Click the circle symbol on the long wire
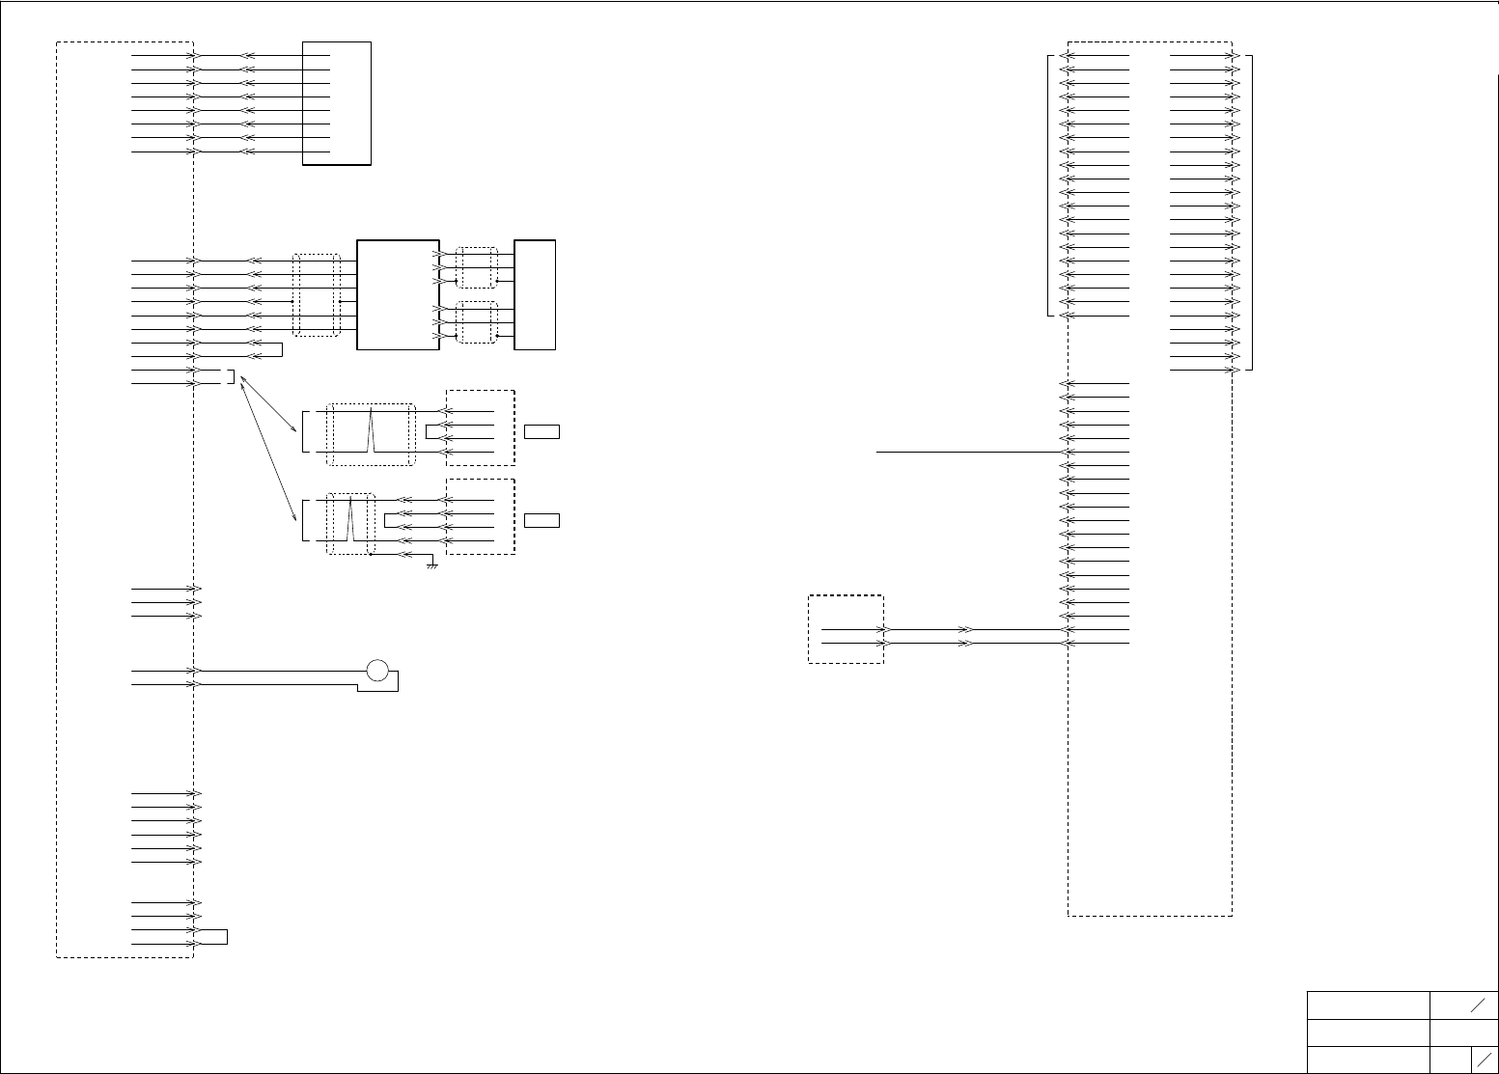tap(377, 670)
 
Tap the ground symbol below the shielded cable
tap(433, 565)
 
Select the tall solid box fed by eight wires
tap(337, 103)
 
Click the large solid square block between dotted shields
tap(398, 294)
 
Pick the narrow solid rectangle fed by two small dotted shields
tap(535, 294)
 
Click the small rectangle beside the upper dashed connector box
tap(541, 431)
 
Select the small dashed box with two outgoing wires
tap(846, 629)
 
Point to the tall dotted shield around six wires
tap(317, 295)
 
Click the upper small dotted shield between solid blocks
tap(477, 267)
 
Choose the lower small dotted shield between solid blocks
tap(477, 322)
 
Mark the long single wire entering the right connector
tap(965, 452)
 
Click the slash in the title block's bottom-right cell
tap(1485, 1059)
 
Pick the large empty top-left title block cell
tap(1368, 1005)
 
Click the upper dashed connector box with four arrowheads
tap(481, 427)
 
